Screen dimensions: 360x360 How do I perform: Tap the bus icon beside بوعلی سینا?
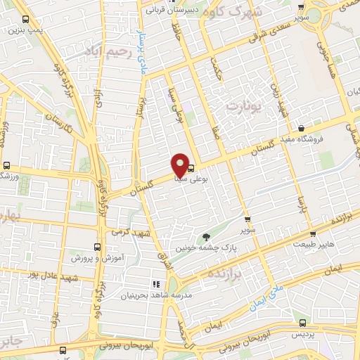pos(191,167)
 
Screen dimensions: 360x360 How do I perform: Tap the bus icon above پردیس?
pos(302,323)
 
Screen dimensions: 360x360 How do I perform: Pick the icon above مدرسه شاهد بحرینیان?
pos(127,283)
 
